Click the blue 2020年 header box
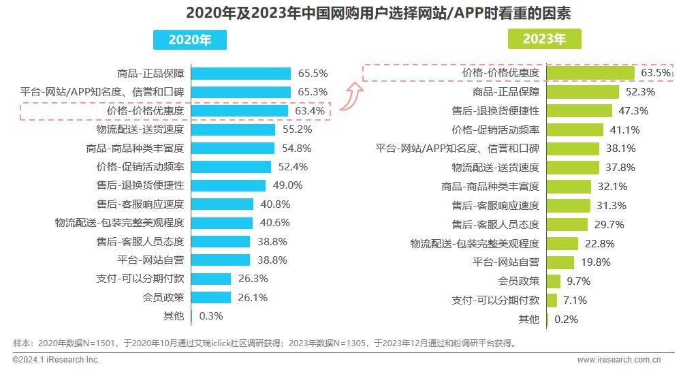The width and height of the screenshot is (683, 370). click(189, 40)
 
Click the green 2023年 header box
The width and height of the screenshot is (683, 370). click(544, 40)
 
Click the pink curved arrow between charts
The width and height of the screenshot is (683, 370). click(353, 93)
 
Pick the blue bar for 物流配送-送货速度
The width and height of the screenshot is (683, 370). click(233, 129)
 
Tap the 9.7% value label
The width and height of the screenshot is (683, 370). click(578, 281)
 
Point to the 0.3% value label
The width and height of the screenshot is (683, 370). click(212, 316)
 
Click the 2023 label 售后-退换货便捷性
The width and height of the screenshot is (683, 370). click(495, 110)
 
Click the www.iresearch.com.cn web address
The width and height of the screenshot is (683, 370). click(619, 359)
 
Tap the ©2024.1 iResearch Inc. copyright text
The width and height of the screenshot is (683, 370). click(56, 359)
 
